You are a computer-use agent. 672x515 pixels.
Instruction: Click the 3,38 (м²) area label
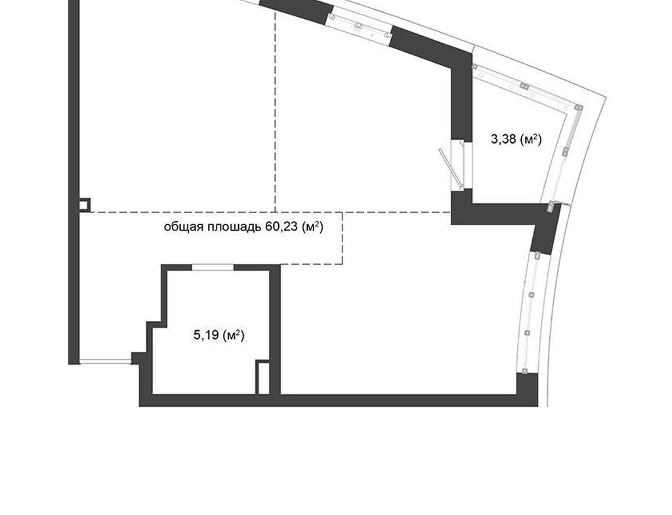point(516,139)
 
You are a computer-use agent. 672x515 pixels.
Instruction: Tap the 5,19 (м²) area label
point(219,335)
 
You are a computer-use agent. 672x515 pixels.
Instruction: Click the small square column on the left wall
point(85,205)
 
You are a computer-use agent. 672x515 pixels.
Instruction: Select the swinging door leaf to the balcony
point(450,169)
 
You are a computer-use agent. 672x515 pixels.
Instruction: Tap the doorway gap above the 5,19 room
point(213,268)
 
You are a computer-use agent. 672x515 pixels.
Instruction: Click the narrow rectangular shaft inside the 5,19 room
point(262,377)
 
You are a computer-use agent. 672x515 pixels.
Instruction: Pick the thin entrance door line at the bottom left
point(106,362)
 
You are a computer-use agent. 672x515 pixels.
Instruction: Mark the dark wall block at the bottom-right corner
point(527,389)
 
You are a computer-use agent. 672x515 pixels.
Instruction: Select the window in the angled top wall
point(360,26)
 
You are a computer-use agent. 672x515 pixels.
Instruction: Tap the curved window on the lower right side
point(530,313)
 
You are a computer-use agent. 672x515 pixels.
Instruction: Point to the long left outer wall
point(74,182)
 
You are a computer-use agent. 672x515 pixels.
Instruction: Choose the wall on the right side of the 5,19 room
point(275,330)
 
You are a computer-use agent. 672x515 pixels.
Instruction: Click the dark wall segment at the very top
point(296,10)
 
